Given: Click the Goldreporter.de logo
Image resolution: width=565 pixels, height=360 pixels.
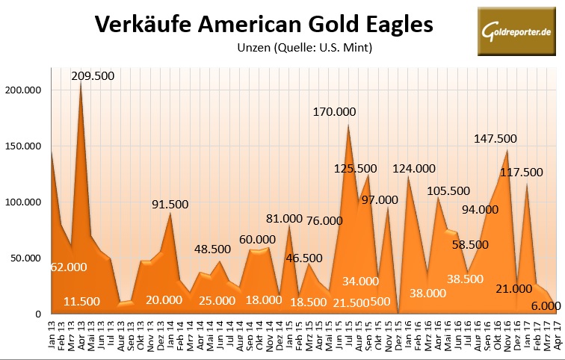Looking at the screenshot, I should [x=515, y=34].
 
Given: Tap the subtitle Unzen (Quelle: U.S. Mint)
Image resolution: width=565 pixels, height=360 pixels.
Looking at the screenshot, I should [x=303, y=48].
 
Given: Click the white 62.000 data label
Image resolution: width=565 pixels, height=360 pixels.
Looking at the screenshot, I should [x=69, y=267].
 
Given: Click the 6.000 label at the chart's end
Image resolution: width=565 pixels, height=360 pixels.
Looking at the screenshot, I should [x=544, y=305].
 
